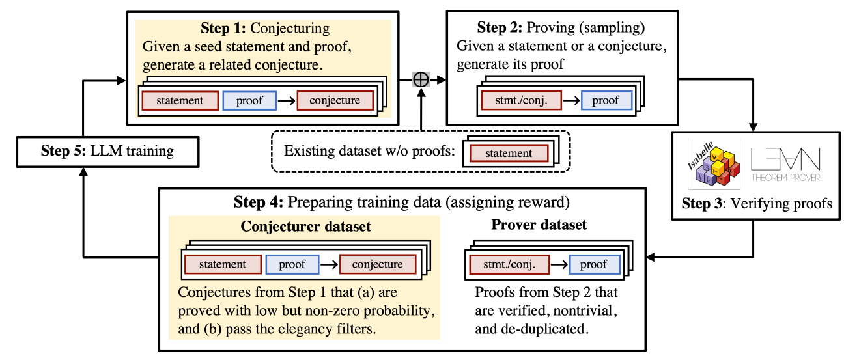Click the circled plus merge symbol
click(x=421, y=79)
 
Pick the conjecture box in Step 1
click(x=335, y=101)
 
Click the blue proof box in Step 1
click(x=249, y=101)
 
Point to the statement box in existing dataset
click(x=509, y=154)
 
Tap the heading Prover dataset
click(x=539, y=225)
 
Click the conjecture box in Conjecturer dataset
click(x=377, y=264)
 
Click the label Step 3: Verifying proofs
click(x=757, y=204)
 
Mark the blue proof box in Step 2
click(x=606, y=101)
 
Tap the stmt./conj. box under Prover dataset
click(x=509, y=264)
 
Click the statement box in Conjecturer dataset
click(x=223, y=264)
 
